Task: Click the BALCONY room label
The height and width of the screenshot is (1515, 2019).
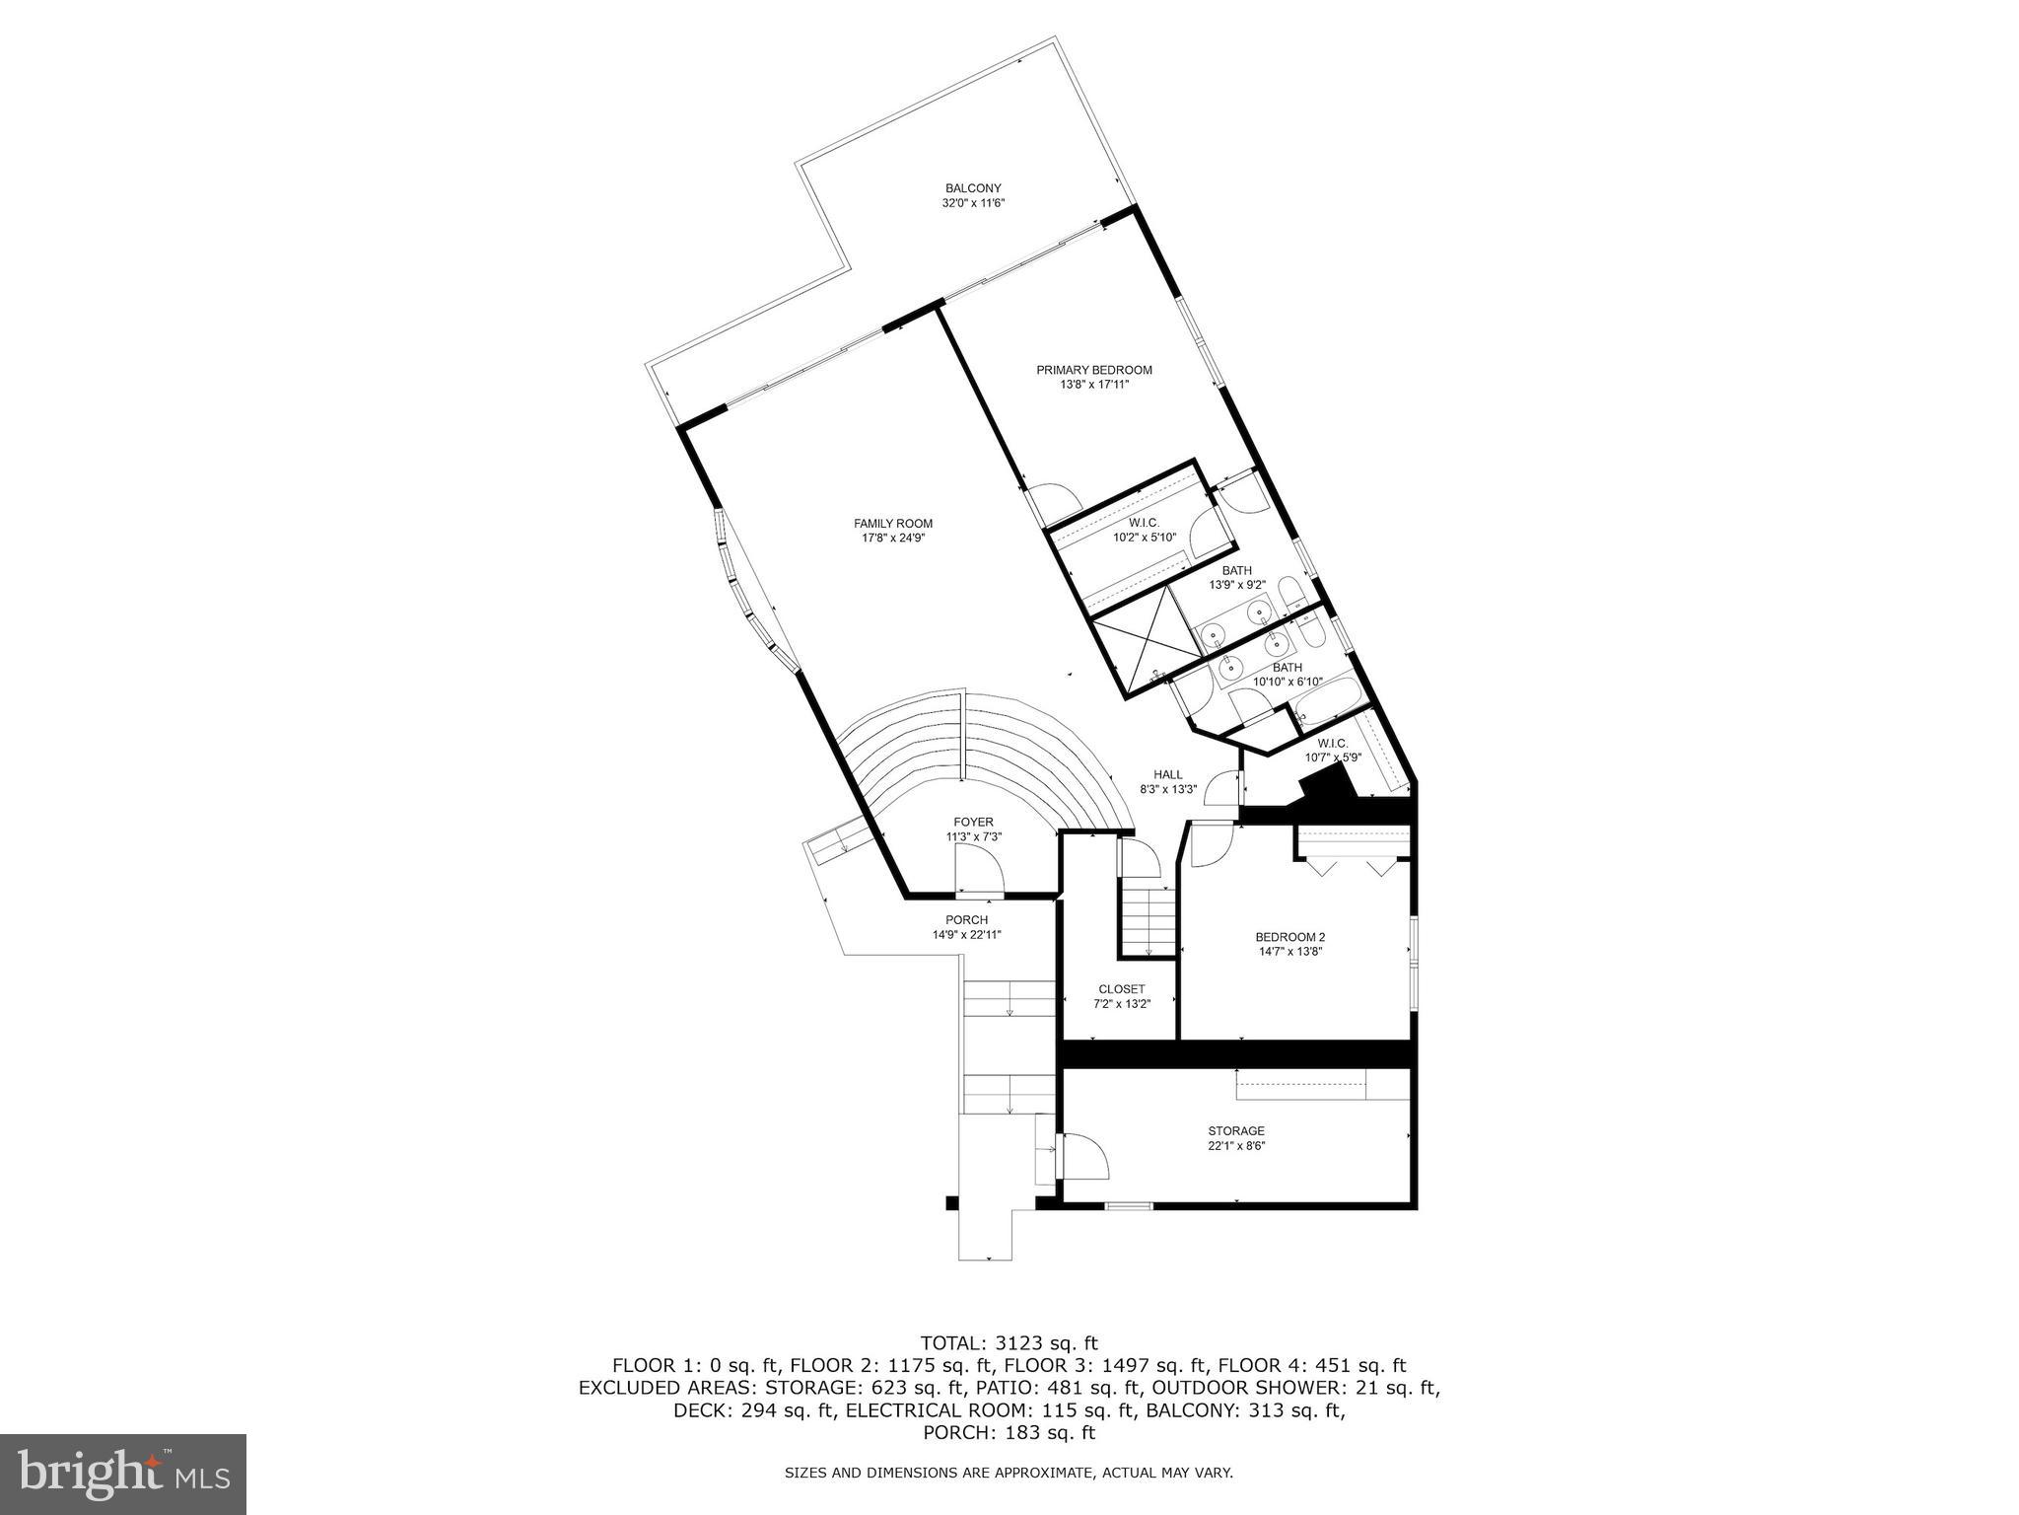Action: [973, 188]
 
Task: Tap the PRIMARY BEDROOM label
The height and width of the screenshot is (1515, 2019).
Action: [1093, 370]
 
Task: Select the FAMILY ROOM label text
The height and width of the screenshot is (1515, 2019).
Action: [892, 524]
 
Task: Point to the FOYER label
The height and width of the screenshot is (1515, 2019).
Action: [973, 822]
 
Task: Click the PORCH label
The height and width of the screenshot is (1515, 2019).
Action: [966, 920]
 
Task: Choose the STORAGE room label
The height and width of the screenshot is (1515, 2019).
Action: [1236, 1130]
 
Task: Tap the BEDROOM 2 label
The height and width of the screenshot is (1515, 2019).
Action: [1289, 937]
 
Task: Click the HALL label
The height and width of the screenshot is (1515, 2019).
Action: [1168, 774]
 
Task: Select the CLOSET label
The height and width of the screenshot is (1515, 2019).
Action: [1122, 989]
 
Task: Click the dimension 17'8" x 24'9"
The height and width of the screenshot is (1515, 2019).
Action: [892, 539]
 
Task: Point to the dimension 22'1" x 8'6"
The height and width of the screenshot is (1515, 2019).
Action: [1236, 1146]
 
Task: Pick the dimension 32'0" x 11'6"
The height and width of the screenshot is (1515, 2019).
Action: [973, 203]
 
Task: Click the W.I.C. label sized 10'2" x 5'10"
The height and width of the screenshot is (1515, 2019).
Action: [1144, 523]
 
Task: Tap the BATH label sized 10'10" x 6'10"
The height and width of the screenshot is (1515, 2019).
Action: [1287, 668]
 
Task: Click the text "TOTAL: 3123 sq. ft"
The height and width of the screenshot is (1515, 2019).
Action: [1009, 1342]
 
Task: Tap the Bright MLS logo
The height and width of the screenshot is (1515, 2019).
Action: [123, 1475]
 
